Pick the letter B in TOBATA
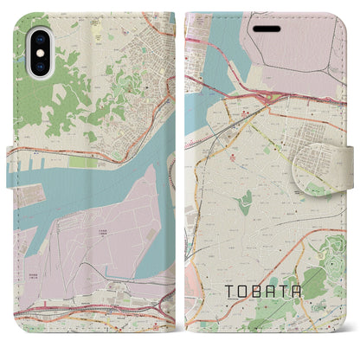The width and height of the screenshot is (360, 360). (254, 292)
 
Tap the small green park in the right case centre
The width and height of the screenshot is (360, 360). (246, 203)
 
